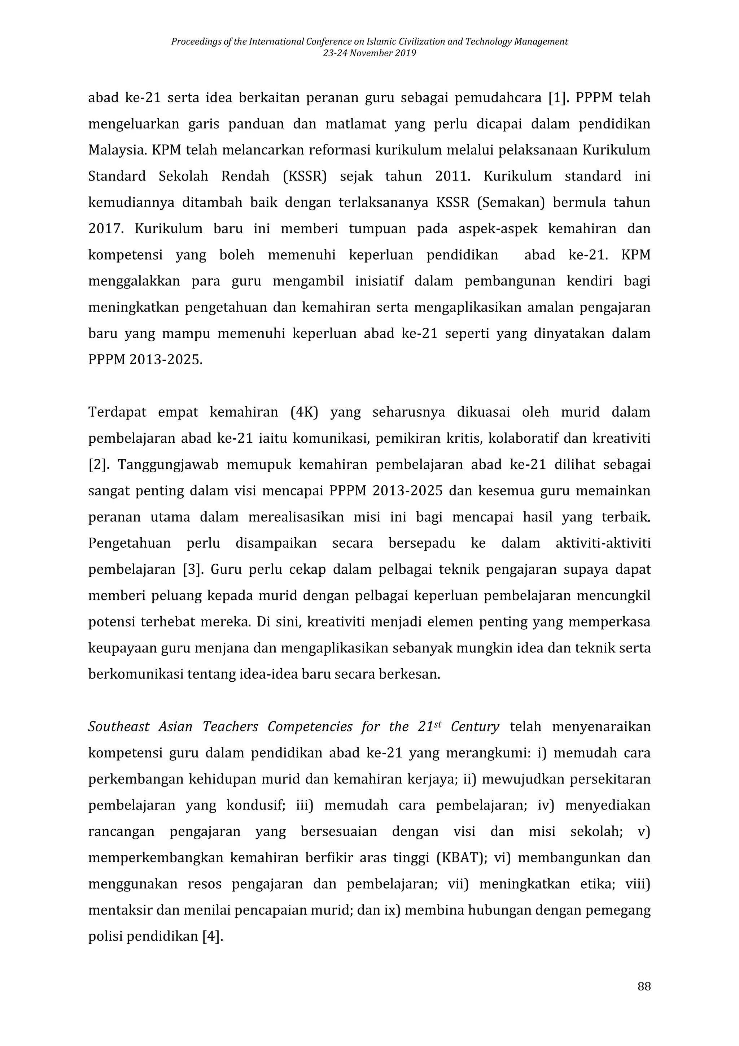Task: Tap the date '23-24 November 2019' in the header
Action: coord(369,53)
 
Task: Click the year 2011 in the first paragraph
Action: coord(452,176)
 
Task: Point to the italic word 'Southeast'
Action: coord(118,727)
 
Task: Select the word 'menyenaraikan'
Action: coord(601,727)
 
